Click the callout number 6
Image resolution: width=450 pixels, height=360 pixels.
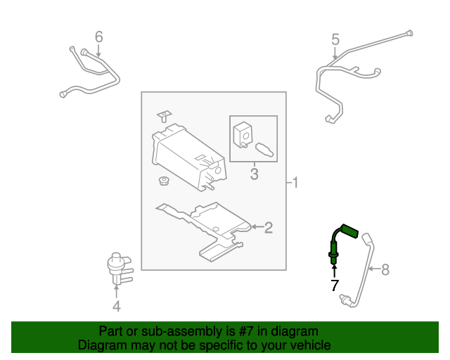(98, 37)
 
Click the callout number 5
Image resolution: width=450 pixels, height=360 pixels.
(335, 39)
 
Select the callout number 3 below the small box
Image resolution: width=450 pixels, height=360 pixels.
(255, 174)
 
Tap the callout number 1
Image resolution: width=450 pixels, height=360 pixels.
(295, 183)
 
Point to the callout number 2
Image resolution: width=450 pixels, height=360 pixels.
(269, 227)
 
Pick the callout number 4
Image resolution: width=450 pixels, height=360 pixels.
(116, 306)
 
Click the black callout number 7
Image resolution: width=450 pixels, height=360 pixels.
(335, 285)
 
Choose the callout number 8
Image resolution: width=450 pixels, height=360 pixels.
(385, 269)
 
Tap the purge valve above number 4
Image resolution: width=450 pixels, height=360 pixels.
(119, 269)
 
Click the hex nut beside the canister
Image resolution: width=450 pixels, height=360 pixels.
(164, 181)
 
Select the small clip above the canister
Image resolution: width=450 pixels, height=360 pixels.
(164, 116)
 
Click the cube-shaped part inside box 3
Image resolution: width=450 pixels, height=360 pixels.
(243, 134)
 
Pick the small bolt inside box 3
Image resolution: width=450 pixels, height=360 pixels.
(264, 150)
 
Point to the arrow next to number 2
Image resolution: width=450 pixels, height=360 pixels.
(257, 227)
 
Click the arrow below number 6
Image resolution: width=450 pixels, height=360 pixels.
(98, 51)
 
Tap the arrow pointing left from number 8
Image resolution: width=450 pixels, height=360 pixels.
(374, 269)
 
